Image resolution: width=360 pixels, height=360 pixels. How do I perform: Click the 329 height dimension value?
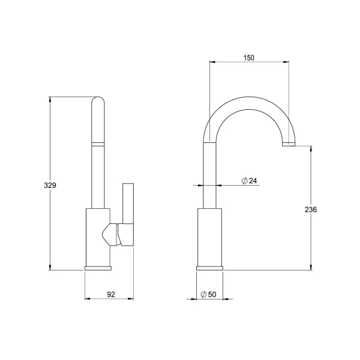coord(50,185)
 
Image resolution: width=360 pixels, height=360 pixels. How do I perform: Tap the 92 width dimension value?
coord(111,294)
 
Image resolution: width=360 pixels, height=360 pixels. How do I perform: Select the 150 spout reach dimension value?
coord(249,58)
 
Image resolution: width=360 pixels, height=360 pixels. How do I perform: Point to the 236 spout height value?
coord(311,209)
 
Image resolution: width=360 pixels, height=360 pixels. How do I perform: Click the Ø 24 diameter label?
coord(250,181)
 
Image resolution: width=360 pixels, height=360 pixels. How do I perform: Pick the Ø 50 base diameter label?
coord(208,294)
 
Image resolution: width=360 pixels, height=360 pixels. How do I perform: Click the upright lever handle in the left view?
coord(128,203)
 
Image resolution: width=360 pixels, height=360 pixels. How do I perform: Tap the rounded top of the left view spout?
coord(98,101)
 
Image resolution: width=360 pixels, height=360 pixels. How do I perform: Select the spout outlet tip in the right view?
coord(289,144)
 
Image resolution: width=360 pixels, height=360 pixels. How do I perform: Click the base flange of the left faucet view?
coord(98,268)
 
